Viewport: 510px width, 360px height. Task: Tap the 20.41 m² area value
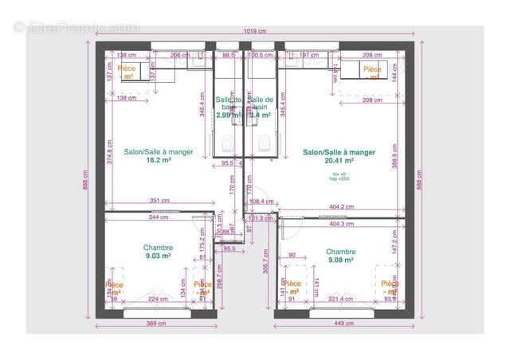[x=339, y=160]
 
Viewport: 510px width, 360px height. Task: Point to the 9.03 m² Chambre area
[x=158, y=256]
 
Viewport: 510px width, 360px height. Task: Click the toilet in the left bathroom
[x=229, y=143]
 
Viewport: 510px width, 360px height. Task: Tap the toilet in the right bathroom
[x=262, y=143]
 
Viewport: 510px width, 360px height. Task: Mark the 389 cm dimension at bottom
[x=155, y=324]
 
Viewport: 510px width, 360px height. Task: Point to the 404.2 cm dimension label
[x=342, y=207]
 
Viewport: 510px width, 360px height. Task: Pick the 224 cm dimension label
[x=158, y=299]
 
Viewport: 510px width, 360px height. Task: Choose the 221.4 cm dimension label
[x=339, y=299]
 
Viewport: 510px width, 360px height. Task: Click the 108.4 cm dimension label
[x=262, y=202]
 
